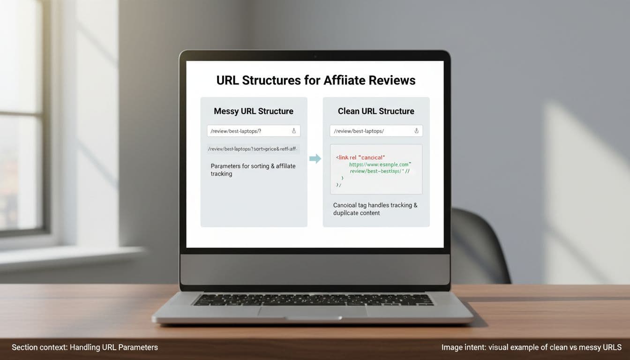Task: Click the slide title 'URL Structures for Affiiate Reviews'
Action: tap(315, 80)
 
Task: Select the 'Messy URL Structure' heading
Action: tap(254, 111)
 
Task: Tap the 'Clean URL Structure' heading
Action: tap(376, 111)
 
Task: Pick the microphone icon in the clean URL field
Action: tap(416, 131)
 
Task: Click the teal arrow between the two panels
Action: tap(315, 158)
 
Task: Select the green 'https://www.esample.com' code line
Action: tap(380, 165)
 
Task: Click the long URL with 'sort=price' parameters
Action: tap(253, 149)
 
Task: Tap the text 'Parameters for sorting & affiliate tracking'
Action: tap(253, 170)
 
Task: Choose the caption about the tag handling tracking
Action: tap(375, 209)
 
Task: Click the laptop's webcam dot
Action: tap(315, 57)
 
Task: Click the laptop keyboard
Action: tap(313, 300)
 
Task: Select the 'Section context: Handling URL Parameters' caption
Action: tap(85, 347)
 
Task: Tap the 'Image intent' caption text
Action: tap(531, 347)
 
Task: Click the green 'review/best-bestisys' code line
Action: tap(380, 172)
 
